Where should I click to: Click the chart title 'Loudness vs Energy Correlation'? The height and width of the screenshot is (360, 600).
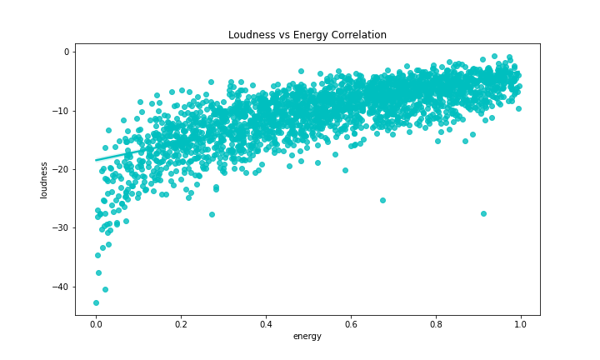tap(307, 35)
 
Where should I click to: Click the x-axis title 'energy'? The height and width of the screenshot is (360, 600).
tap(307, 337)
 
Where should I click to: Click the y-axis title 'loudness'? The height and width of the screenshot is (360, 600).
tap(44, 180)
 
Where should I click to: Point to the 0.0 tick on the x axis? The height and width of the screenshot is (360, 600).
tap(96, 323)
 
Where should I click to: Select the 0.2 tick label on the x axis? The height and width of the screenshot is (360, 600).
tap(181, 323)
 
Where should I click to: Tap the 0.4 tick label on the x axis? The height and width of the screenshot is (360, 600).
tap(266, 323)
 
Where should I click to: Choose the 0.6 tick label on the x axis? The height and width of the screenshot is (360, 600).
tap(351, 323)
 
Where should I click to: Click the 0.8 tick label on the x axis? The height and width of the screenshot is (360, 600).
tap(436, 323)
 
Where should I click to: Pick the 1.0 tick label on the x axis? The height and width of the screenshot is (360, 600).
tap(521, 323)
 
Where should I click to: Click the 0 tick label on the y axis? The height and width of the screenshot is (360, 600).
tap(65, 52)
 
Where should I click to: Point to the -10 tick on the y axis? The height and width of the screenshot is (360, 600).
tap(60, 111)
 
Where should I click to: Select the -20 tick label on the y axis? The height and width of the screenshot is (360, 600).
tap(60, 169)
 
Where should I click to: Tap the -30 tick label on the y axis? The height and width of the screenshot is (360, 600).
tap(60, 227)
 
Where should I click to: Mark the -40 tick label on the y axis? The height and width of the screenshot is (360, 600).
tap(60, 287)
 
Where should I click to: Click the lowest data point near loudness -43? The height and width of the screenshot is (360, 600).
tap(96, 302)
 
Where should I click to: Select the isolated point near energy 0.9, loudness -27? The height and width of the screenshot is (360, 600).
tap(483, 213)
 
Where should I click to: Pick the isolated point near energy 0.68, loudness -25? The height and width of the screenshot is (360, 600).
tap(382, 200)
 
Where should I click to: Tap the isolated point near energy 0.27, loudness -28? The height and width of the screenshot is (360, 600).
tap(212, 214)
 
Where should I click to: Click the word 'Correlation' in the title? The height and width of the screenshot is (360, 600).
tap(358, 35)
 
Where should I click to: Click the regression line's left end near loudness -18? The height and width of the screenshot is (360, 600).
tap(97, 159)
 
